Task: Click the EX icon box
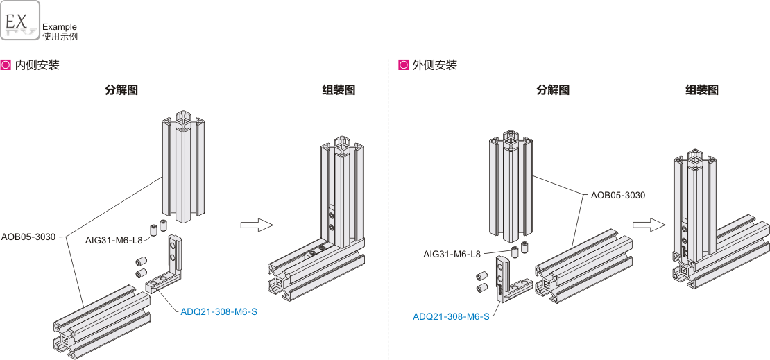point(20,19)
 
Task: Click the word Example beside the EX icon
point(60,27)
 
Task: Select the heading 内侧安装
point(37,65)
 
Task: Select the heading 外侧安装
point(434,65)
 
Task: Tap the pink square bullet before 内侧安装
point(6,65)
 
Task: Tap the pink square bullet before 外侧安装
point(403,65)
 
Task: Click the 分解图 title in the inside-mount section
point(121,90)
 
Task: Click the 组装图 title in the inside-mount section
point(339,90)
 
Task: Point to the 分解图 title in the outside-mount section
point(553,90)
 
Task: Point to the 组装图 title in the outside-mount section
point(702,90)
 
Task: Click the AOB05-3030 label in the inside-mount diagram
point(28,237)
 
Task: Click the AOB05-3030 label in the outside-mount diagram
point(618,195)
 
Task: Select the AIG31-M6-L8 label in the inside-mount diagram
point(114,240)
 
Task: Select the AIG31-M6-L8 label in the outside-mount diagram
point(452,254)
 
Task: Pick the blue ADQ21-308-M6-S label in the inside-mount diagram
point(219,311)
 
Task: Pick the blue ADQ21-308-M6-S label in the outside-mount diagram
point(451,317)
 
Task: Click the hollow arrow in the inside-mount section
point(257,225)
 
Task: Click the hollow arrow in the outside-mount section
point(648,224)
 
